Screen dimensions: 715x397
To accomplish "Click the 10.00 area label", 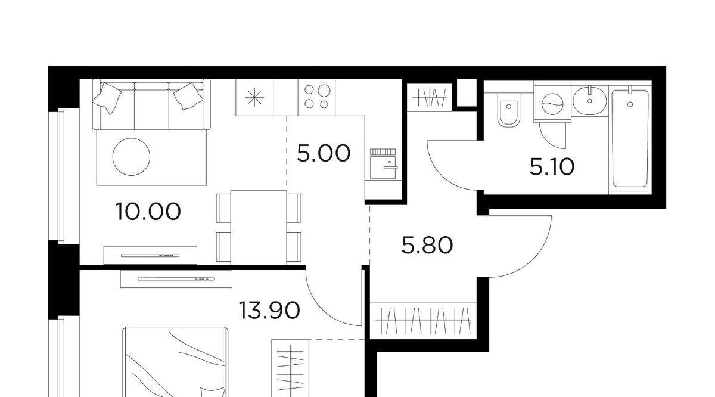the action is click(x=148, y=212).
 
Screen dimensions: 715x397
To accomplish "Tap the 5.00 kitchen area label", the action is click(x=324, y=153).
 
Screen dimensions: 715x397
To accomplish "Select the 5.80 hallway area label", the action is click(x=427, y=245).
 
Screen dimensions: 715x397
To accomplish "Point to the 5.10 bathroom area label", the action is click(x=552, y=167).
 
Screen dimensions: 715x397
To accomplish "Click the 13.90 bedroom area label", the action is click(x=269, y=311).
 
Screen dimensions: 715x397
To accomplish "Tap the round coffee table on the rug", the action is click(x=131, y=157).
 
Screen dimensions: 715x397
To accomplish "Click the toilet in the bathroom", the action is click(x=508, y=110).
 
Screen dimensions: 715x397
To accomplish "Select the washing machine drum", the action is click(x=552, y=104).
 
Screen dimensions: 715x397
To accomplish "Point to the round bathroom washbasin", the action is click(x=589, y=101).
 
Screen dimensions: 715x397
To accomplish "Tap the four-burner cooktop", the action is click(x=316, y=97).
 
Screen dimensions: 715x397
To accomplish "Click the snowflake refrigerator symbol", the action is click(x=254, y=97).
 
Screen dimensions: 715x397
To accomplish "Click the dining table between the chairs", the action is click(x=259, y=227).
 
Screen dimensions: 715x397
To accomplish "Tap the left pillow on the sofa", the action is click(x=107, y=97).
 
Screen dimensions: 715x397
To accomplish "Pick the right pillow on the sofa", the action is click(x=188, y=96).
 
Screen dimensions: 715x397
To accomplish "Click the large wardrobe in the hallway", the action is click(x=423, y=320).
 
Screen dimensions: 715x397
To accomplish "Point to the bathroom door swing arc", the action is click(x=444, y=175).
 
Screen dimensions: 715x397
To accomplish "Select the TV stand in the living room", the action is click(x=150, y=256).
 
